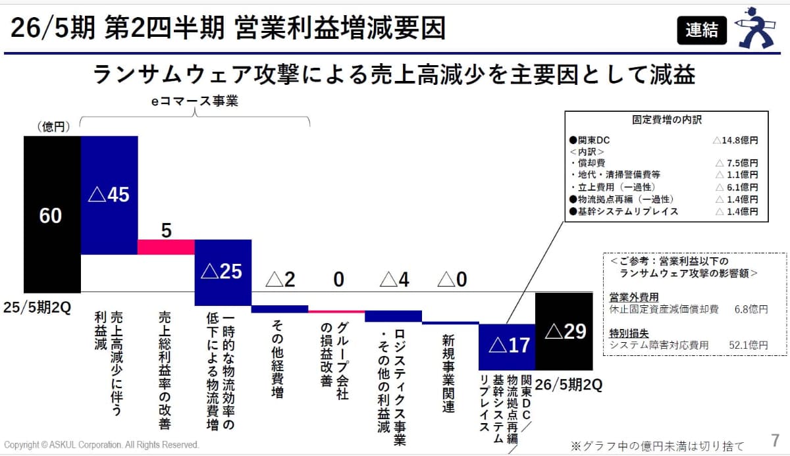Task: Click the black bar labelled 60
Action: point(51,215)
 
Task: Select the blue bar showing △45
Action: point(109,195)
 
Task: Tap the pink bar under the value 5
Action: point(166,247)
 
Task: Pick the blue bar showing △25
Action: point(223,271)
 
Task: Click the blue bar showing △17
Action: point(507,345)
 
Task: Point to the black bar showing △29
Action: point(565,331)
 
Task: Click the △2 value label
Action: point(280,280)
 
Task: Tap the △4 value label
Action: point(394,280)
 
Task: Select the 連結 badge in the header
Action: point(702,30)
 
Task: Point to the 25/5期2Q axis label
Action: point(37,307)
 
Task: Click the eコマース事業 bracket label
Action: point(194,101)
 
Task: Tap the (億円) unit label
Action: point(51,127)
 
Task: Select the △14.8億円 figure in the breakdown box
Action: point(735,140)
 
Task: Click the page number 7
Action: point(774,439)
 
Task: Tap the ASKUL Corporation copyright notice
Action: point(101,445)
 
